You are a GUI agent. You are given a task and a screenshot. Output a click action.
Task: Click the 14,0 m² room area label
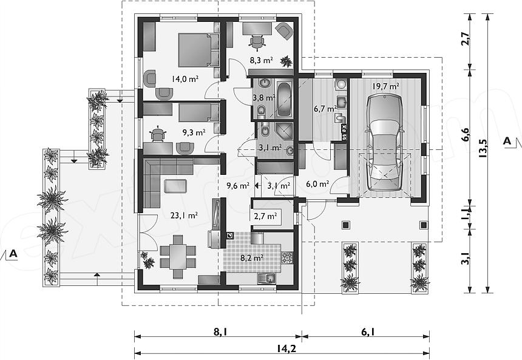pos(185,79)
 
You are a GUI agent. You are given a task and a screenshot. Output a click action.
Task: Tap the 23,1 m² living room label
pos(184,216)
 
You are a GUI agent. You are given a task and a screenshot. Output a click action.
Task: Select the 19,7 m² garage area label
pos(385,87)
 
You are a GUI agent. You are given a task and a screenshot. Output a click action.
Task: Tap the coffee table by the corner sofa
pos(175,186)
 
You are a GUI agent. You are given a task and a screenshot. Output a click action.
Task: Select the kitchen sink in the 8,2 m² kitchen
pos(267,277)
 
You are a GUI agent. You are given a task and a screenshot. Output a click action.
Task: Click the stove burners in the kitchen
pos(287,257)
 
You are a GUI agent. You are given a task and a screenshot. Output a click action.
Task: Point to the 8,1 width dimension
pos(218,331)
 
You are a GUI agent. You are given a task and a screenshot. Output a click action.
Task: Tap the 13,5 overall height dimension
pos(483,147)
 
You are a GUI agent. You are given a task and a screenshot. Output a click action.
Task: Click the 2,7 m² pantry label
pos(265,216)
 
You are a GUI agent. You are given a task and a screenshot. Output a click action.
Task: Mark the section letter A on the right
pos(507,140)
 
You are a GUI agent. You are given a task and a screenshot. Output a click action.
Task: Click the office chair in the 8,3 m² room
pos(257,41)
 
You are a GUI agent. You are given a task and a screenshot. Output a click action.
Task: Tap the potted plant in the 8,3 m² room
pos(286,61)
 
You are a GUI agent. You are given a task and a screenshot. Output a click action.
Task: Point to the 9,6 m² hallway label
pos(238,186)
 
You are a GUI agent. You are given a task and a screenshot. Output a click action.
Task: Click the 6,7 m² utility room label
pos(325,109)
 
